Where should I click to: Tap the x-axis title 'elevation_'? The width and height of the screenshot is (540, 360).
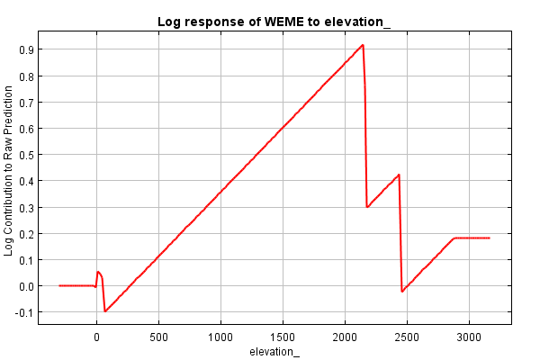(274, 351)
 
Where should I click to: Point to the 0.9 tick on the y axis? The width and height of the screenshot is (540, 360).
(27, 50)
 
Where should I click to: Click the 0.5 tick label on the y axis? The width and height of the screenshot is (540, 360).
(27, 155)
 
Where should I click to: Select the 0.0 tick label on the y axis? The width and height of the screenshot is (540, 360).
(27, 286)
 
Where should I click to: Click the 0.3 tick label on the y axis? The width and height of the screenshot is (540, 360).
(27, 207)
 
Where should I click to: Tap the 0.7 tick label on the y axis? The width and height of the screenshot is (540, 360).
(27, 103)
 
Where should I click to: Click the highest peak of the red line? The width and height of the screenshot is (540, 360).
(363, 45)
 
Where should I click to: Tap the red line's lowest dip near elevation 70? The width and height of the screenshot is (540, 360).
(105, 311)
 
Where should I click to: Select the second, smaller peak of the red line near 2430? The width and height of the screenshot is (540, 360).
(398, 175)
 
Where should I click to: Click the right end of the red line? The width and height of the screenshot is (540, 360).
(489, 238)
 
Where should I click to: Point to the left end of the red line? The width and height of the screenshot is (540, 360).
(59, 285)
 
